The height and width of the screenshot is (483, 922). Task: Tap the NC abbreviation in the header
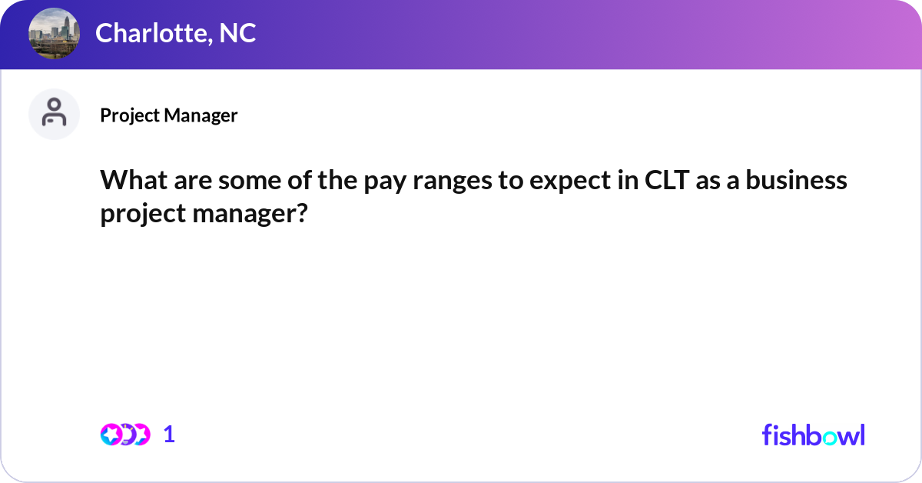[x=238, y=33]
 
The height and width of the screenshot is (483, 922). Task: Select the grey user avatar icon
[x=54, y=114]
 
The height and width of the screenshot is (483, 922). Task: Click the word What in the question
[x=130, y=180]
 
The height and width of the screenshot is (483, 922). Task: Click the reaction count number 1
[x=169, y=435]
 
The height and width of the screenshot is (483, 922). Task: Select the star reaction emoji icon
[x=111, y=435]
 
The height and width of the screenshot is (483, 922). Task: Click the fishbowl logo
[x=813, y=435]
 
